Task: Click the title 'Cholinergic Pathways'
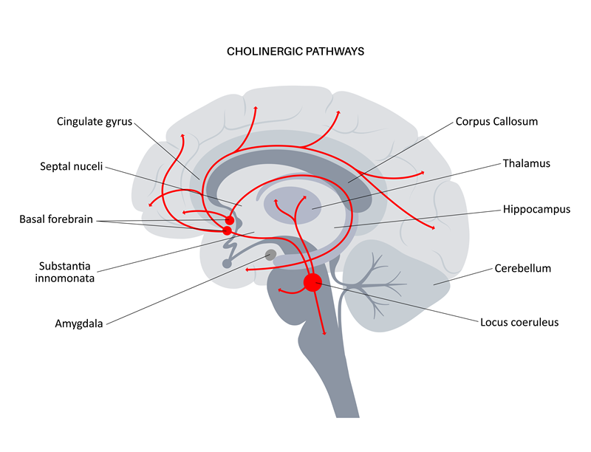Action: (x=295, y=51)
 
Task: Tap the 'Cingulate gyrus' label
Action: (x=95, y=122)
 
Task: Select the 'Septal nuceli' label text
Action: (x=71, y=166)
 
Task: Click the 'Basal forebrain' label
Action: (x=56, y=219)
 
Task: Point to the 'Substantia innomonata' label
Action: (x=65, y=272)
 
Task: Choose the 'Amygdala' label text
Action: (x=79, y=323)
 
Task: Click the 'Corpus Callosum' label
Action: (x=496, y=121)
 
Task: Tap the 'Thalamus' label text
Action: (x=527, y=163)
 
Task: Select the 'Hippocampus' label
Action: (x=537, y=210)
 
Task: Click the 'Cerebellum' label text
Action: (x=523, y=268)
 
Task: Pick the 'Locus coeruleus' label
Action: (x=519, y=322)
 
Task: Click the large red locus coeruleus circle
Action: (x=312, y=282)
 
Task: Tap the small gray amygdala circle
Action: (x=270, y=255)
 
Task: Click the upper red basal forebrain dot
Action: (x=230, y=220)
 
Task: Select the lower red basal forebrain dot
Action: (x=227, y=230)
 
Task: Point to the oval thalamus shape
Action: (x=292, y=205)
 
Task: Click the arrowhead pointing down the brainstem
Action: (x=324, y=333)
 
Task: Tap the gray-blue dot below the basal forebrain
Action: (x=227, y=263)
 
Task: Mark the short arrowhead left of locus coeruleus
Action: (x=280, y=290)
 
